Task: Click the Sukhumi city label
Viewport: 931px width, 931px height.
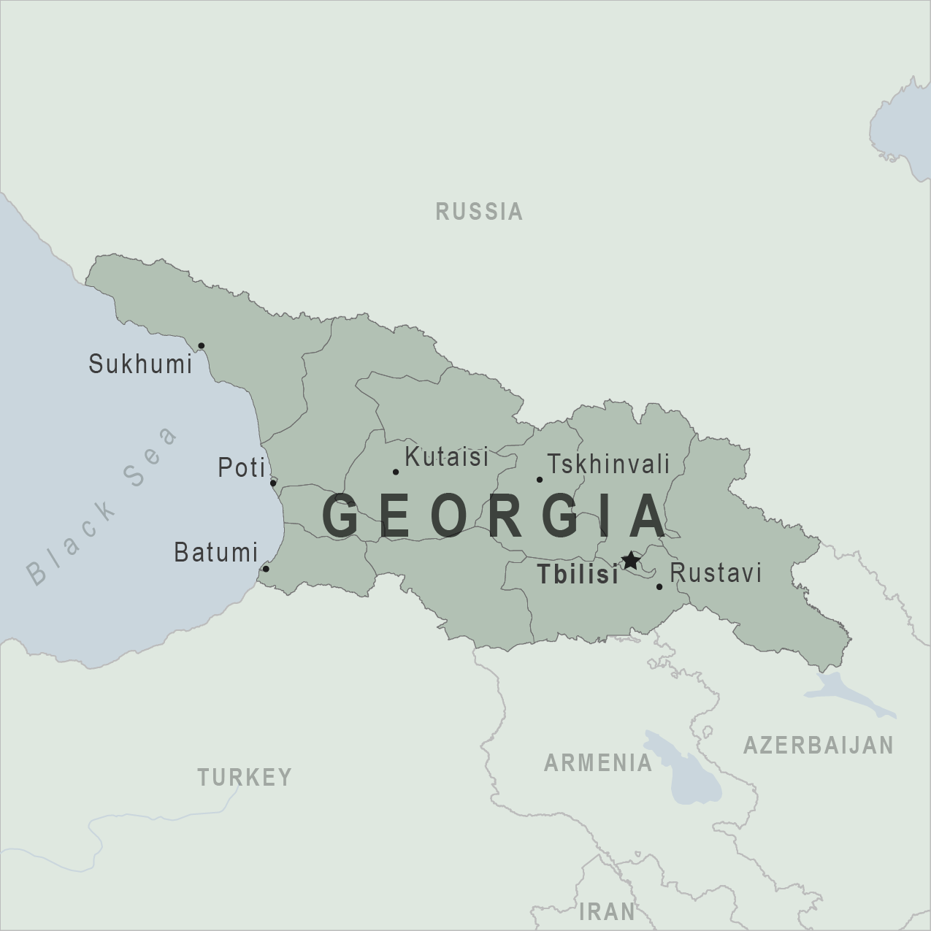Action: pyautogui.click(x=140, y=364)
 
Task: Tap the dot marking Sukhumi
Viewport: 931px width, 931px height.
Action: pyautogui.click(x=202, y=345)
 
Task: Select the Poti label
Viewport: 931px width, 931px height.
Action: pyautogui.click(x=242, y=468)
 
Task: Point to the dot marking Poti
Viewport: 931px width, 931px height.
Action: pyautogui.click(x=273, y=483)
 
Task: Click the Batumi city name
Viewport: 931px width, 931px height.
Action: pyautogui.click(x=216, y=553)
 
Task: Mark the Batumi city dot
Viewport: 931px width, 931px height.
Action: pyautogui.click(x=266, y=569)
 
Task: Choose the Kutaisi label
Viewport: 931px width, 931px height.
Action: pyautogui.click(x=446, y=458)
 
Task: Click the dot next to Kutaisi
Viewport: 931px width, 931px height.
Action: pyautogui.click(x=396, y=472)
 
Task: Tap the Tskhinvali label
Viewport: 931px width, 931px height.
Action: pyautogui.click(x=608, y=464)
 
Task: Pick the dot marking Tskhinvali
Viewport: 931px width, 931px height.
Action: pyautogui.click(x=540, y=480)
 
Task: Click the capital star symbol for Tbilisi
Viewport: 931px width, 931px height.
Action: pyautogui.click(x=630, y=561)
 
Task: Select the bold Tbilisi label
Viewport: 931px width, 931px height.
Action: pyautogui.click(x=578, y=575)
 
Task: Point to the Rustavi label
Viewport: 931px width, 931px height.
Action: pyautogui.click(x=716, y=573)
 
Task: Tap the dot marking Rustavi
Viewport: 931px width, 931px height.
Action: pyautogui.click(x=659, y=586)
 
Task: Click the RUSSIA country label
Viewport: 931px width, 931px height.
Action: pyautogui.click(x=479, y=212)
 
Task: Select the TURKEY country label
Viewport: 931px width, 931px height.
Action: pyautogui.click(x=245, y=777)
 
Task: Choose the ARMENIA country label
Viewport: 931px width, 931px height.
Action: pyautogui.click(x=598, y=763)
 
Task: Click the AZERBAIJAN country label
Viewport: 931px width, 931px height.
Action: pyautogui.click(x=818, y=745)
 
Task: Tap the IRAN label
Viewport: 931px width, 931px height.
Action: pyautogui.click(x=607, y=911)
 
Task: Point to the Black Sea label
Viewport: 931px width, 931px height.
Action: pyautogui.click(x=102, y=506)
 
